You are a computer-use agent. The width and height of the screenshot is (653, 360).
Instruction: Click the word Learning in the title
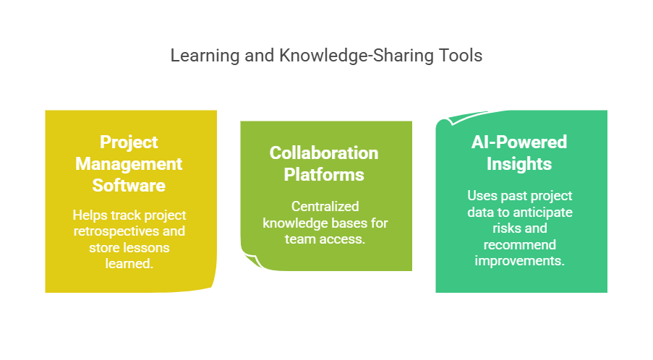click(205, 56)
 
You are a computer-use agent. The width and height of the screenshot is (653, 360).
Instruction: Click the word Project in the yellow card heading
click(129, 142)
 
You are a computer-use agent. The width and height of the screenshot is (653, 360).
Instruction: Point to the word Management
click(129, 164)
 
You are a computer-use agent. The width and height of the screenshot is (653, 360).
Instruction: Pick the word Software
click(129, 185)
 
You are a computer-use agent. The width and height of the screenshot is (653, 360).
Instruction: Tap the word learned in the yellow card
click(129, 263)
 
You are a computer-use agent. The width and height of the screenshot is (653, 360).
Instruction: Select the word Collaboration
click(324, 153)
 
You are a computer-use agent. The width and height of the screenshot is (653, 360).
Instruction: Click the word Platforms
click(324, 174)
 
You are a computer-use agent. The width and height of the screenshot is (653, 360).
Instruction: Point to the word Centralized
click(325, 207)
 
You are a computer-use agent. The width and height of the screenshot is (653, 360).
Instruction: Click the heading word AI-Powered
click(519, 142)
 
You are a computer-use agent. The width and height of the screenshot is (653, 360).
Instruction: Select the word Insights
click(519, 163)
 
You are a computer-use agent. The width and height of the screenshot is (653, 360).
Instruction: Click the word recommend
click(520, 245)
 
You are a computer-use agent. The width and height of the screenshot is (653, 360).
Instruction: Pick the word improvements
click(520, 261)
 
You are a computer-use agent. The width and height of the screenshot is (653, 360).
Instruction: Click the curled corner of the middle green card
click(252, 260)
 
